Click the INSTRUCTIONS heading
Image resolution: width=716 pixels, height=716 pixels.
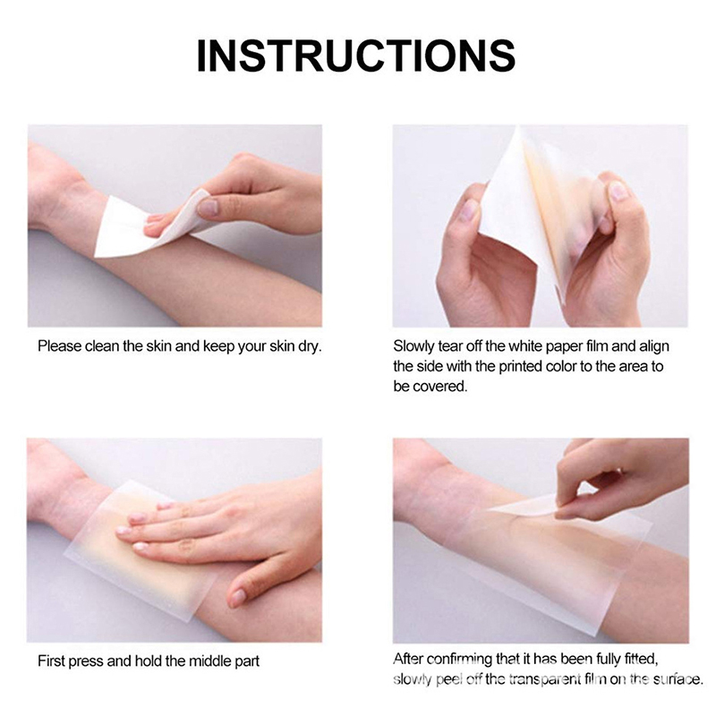(355, 55)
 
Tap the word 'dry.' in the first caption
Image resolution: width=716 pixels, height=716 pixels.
(310, 346)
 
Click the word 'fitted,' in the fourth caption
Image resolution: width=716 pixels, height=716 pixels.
(638, 659)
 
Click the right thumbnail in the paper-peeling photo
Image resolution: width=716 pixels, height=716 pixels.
(618, 191)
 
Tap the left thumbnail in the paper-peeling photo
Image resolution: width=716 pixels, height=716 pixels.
(466, 211)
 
